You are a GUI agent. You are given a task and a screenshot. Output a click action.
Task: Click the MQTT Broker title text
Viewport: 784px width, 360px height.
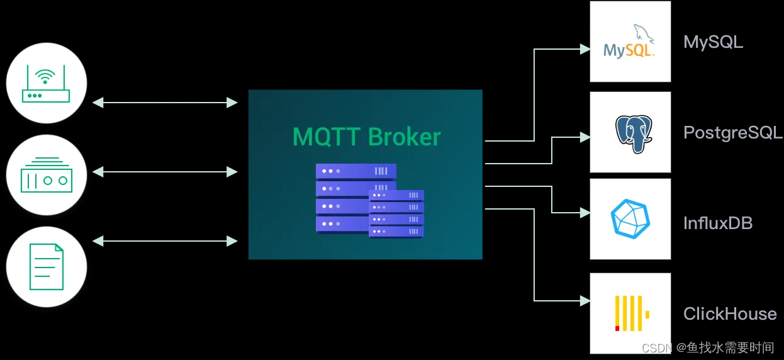[366, 137]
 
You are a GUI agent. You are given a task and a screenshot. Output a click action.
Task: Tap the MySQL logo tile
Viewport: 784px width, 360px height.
[630, 42]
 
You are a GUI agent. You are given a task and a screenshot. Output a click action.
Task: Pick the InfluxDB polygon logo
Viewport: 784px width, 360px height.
[630, 219]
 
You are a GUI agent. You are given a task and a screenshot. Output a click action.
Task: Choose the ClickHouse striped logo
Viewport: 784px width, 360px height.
[630, 313]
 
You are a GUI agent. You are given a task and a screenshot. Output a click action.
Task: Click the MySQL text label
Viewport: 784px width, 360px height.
[713, 42]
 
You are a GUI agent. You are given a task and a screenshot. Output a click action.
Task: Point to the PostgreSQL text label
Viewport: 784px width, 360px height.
[732, 133]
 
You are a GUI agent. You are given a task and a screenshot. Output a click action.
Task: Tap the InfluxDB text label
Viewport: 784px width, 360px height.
[717, 223]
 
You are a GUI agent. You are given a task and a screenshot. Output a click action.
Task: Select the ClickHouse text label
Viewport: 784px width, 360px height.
[730, 313]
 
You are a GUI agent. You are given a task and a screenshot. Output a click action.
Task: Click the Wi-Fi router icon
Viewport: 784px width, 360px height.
[46, 83]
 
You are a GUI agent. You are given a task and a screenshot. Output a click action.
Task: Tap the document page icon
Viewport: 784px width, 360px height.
[46, 266]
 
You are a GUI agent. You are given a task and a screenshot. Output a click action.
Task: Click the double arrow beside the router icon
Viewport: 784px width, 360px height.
[165, 102]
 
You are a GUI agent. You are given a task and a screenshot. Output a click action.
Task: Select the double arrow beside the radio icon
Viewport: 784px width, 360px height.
[165, 171]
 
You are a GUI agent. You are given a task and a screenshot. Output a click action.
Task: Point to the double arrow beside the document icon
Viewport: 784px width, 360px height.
[165, 240]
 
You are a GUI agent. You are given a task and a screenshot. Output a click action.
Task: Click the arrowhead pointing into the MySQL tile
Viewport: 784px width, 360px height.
[585, 49]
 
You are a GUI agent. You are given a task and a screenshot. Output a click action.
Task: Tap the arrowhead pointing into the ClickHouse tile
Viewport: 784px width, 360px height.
[585, 301]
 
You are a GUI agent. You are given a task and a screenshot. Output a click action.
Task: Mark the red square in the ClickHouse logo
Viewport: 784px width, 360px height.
[617, 328]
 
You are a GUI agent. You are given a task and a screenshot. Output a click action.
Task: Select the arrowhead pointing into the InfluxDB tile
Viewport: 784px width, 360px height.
[585, 213]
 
